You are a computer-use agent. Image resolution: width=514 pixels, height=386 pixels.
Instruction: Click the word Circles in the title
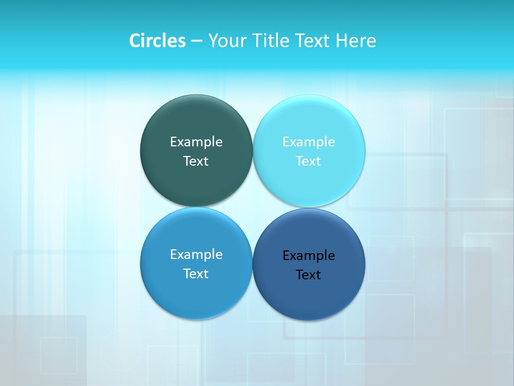pyautogui.click(x=157, y=41)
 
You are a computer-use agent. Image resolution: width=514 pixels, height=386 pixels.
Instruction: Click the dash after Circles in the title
pyautogui.click(x=196, y=41)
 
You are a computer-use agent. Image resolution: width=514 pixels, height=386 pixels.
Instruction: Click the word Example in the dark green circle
pyautogui.click(x=196, y=142)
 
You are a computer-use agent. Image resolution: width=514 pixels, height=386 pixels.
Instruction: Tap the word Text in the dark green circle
pyautogui.click(x=196, y=161)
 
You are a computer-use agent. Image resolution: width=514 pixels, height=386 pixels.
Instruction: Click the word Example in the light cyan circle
pyautogui.click(x=309, y=142)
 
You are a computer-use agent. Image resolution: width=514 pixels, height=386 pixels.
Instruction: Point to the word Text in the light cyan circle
pyautogui.click(x=309, y=161)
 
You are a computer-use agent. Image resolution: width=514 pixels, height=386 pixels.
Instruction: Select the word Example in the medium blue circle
pyautogui.click(x=196, y=255)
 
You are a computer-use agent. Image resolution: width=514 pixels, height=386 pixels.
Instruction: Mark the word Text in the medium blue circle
pyautogui.click(x=196, y=274)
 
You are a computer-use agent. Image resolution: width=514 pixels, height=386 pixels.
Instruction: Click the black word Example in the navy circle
pyautogui.click(x=309, y=256)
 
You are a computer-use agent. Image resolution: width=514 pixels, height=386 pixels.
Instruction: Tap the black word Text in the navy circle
pyautogui.click(x=309, y=275)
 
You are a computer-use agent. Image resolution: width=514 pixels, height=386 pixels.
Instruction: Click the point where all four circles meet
pyautogui.click(x=253, y=207)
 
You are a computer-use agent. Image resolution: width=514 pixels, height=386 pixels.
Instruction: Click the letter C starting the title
pyautogui.click(x=134, y=41)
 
